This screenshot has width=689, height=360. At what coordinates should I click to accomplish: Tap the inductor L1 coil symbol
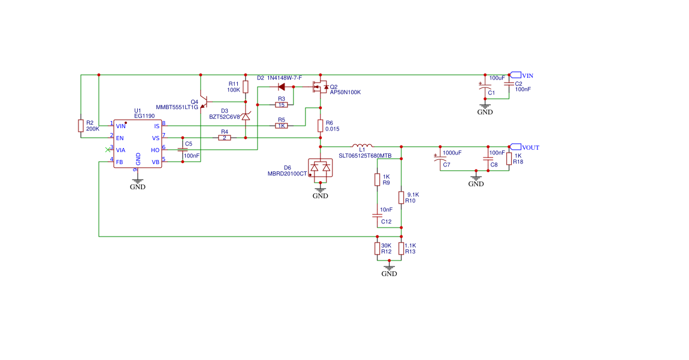[362, 146]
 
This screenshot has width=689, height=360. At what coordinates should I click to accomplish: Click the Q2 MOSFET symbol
[321, 87]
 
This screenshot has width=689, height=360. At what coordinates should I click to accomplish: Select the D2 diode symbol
[282, 87]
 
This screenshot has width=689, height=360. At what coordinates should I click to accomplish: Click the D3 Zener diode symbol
[246, 117]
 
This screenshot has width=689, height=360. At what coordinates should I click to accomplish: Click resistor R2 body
[81, 125]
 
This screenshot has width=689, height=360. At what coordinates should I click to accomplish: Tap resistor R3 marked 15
[281, 105]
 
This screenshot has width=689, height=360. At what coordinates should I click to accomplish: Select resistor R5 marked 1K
[281, 126]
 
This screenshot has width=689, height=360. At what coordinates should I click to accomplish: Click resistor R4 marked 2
[225, 138]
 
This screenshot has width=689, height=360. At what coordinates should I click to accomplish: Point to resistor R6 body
[321, 125]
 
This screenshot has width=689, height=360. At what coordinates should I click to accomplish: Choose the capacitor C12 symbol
[377, 214]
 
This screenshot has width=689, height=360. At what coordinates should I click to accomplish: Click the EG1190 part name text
[144, 116]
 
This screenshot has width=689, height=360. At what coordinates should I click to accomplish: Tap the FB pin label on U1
[120, 162]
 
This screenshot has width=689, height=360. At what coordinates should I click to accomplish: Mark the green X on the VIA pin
[107, 149]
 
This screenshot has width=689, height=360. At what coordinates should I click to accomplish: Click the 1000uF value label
[452, 153]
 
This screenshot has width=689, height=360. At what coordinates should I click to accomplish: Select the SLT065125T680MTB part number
[365, 156]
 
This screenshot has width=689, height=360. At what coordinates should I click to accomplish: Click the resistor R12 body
[377, 249]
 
